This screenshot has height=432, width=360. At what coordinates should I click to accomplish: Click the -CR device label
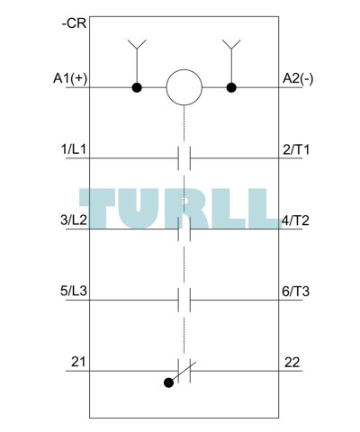[74, 23]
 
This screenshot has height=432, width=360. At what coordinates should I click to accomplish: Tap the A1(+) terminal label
[70, 78]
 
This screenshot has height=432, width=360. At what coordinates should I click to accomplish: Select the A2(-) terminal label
[298, 78]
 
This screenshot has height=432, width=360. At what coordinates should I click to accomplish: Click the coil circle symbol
[184, 87]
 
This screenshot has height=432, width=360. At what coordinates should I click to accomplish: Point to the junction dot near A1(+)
[137, 87]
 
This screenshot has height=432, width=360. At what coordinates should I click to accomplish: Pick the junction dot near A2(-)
[231, 87]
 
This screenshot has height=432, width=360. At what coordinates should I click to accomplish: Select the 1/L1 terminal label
[74, 149]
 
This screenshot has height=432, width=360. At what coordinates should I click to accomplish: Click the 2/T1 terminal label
[296, 149]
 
